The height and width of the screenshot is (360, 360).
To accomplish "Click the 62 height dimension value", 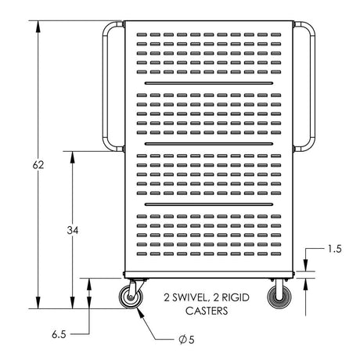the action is click(38, 165).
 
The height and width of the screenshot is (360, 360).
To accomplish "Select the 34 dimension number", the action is click(73, 230).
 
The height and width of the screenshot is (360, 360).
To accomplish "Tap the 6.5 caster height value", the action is click(59, 334).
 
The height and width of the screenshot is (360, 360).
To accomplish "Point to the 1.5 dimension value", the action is click(335, 249).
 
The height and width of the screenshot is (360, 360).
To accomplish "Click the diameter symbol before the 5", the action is click(183, 340).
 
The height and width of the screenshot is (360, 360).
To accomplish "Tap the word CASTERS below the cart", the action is click(207, 311).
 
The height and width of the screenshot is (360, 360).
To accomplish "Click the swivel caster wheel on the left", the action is click(131, 297).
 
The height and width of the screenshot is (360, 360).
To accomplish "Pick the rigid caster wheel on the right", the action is click(279, 297).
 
